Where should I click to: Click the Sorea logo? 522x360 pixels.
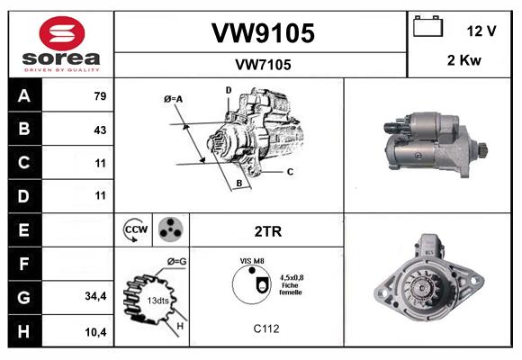[x=60, y=43]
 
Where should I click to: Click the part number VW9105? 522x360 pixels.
[x=262, y=33]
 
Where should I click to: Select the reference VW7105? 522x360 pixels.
[x=262, y=65]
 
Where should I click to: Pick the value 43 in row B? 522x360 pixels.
[x=99, y=130]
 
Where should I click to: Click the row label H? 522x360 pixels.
[x=24, y=332]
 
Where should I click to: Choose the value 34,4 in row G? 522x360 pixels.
[x=96, y=295]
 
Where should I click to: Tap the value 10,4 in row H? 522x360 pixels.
[x=96, y=332]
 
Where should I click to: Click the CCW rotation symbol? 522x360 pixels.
[x=135, y=230]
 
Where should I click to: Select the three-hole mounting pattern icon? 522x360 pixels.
[x=169, y=230]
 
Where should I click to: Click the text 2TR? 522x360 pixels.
[x=268, y=231]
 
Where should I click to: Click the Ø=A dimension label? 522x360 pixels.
[x=174, y=99]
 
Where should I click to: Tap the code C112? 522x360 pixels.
[x=265, y=329]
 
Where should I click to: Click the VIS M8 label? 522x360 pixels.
[x=253, y=261]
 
